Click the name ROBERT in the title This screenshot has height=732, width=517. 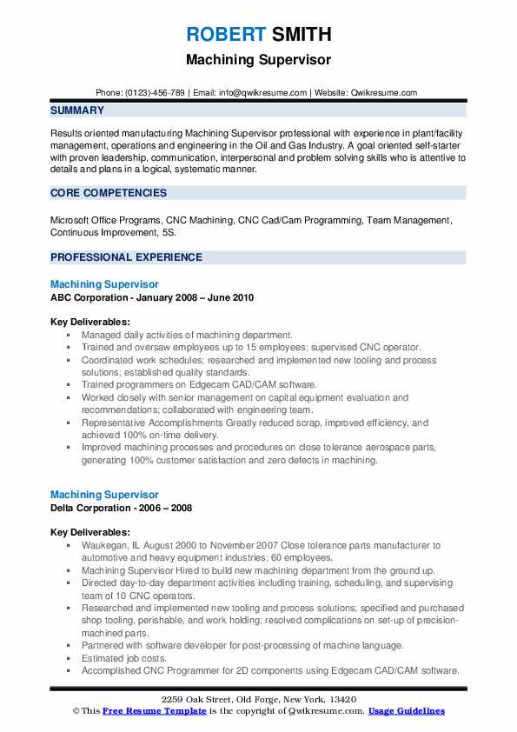coord(222,35)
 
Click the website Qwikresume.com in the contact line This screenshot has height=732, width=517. coord(384,92)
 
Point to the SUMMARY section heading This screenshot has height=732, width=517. coord(77,110)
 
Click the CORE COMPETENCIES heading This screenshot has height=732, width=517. coord(109,192)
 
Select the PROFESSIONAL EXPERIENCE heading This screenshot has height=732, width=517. coord(126,257)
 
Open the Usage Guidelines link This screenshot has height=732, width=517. coord(406,711)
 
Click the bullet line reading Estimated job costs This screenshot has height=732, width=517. coord(123,659)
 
